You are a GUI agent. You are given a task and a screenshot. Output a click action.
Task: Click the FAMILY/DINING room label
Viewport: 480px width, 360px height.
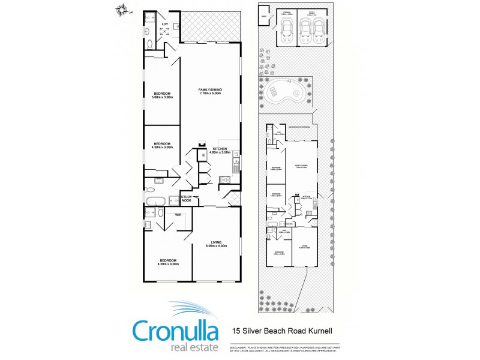tap(210, 92)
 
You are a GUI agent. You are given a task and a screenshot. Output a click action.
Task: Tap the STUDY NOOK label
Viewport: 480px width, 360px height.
tap(186, 199)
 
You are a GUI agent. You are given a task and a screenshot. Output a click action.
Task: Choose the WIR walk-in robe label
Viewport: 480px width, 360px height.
tap(178, 214)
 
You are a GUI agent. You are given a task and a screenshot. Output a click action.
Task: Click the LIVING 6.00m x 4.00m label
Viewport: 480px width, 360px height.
tap(216, 244)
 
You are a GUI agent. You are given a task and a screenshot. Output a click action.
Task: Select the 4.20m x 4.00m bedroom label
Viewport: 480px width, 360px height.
tap(168, 262)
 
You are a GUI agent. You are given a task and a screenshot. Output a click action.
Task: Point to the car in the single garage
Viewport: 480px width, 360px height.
tap(286, 28)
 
